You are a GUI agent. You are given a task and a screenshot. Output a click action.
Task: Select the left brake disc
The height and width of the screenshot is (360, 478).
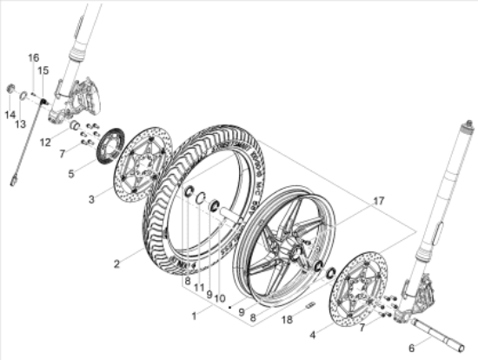click(x=141, y=162)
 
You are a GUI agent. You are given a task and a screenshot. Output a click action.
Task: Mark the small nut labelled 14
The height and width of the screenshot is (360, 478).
click(x=10, y=90)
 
